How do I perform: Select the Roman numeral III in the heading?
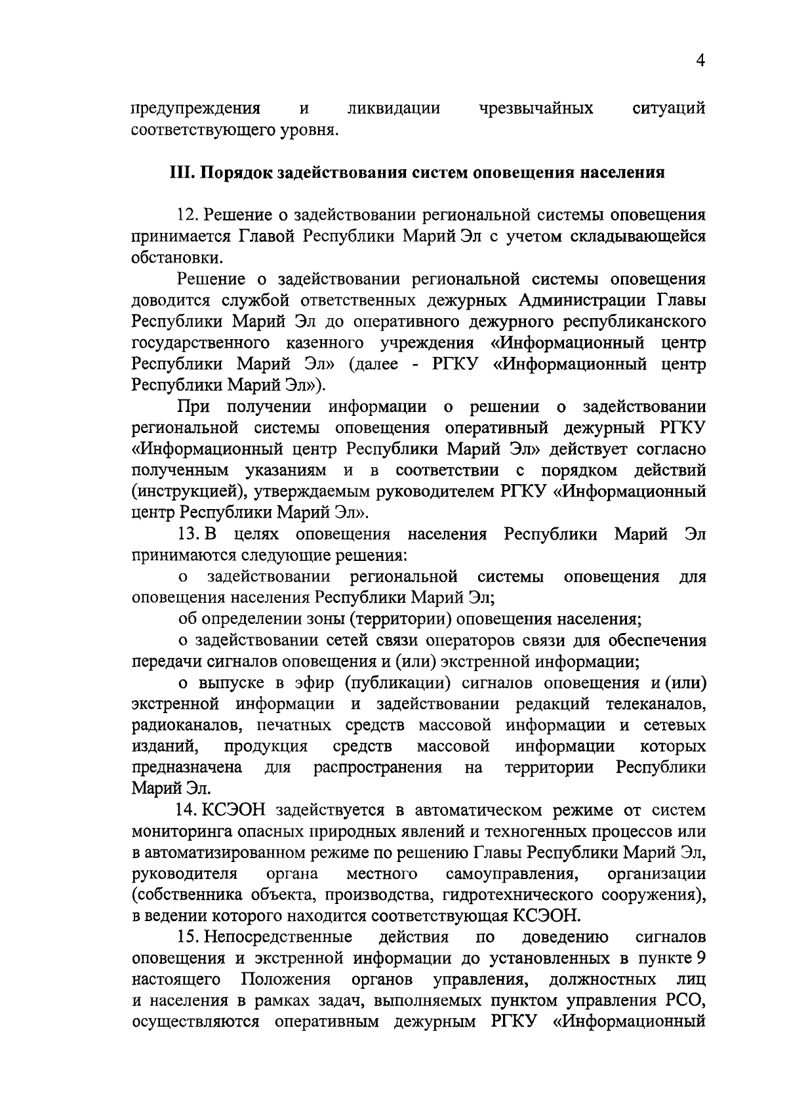pyautogui.click(x=181, y=173)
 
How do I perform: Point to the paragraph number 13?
pyautogui.click(x=187, y=535)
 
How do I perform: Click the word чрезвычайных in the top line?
pyautogui.click(x=536, y=108)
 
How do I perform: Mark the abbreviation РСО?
pyautogui.click(x=686, y=1000)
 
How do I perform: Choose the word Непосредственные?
pyautogui.click(x=278, y=937)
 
